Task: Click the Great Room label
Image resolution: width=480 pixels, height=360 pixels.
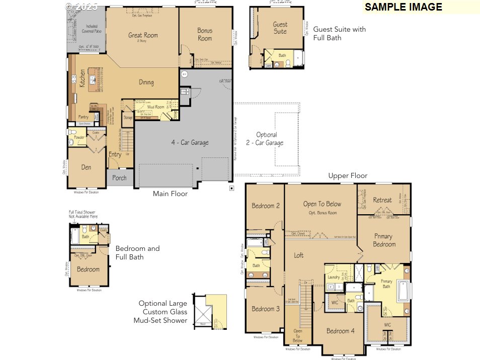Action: click(143, 35)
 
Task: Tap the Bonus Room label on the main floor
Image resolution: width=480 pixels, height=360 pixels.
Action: click(205, 34)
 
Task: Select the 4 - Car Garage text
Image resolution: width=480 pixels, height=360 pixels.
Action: click(189, 143)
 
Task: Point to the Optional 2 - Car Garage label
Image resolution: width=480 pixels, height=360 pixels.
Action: click(267, 139)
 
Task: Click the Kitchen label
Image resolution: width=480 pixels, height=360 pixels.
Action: click(83, 78)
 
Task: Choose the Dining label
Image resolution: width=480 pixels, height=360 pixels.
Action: click(146, 82)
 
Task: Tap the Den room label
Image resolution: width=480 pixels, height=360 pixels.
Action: click(86, 167)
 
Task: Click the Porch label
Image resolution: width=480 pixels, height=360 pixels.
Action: click(119, 178)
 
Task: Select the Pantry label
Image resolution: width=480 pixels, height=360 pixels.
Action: click(83, 117)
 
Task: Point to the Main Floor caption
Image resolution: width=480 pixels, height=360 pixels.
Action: click(170, 194)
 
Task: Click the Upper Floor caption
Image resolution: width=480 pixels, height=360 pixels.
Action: click(348, 176)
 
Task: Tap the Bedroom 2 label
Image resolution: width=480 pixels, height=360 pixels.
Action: click(266, 206)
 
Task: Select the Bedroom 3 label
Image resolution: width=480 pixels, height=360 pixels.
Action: click(266, 309)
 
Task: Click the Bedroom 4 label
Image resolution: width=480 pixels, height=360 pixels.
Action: click(340, 331)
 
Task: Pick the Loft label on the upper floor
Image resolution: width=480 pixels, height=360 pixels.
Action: click(299, 255)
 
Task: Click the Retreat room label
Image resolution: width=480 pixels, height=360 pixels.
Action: click(382, 200)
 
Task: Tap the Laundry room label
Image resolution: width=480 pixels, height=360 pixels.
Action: click(333, 277)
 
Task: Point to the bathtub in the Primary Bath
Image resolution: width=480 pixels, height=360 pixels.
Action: click(404, 291)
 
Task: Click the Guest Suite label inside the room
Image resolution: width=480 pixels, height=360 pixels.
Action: click(280, 28)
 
